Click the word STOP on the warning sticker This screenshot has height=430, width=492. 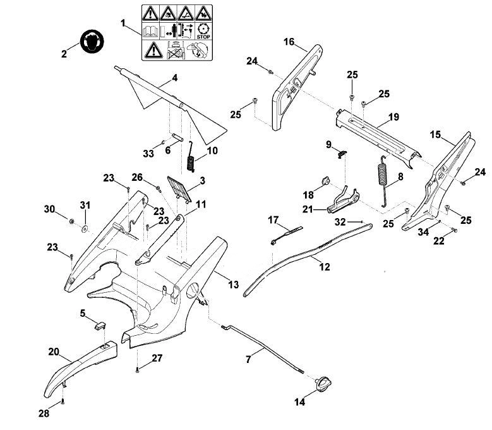coord(203,37)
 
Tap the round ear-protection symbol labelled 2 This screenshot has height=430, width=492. coord(92,42)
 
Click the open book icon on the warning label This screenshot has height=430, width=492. coord(150,32)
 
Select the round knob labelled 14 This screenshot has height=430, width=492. coord(323,384)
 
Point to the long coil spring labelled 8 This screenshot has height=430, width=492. coord(383,181)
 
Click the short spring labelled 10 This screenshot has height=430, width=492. coord(191,156)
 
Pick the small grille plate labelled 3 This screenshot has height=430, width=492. coord(179,189)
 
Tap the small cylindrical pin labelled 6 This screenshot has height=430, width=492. coord(177,138)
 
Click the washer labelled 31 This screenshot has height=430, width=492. coord(84,229)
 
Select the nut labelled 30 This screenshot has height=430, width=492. coord(71,221)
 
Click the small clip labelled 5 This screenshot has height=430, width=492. coord(100,325)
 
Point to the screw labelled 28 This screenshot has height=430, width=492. coord(63,401)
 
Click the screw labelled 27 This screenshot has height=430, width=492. coord(138,370)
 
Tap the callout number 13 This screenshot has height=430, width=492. coord(233,285)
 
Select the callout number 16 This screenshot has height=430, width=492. coord(289,42)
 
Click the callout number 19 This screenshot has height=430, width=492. coord(393,117)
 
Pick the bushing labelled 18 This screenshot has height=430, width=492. coord(325,181)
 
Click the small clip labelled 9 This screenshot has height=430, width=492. coord(342,153)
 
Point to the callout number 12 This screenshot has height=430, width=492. coord(325,267)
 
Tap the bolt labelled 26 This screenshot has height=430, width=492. coord(159,188)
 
